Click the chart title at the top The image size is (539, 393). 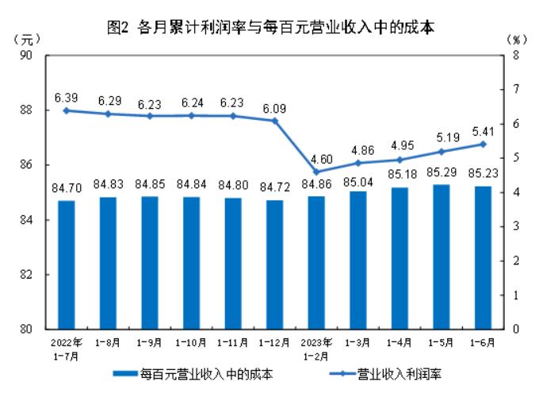coord(270,27)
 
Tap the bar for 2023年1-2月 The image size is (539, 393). coord(317,262)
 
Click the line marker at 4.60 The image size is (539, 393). coord(317,171)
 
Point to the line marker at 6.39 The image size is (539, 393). coord(67,110)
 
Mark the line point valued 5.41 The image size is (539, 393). coord(484,144)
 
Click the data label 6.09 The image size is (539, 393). coord(275,104)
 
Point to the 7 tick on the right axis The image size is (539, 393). coord(515,89)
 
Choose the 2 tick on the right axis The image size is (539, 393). coord(515,260)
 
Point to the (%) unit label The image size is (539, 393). coord(515,39)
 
